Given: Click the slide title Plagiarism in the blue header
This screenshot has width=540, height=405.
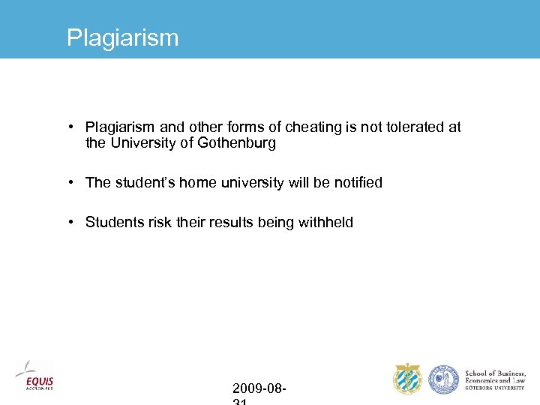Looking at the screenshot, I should point(122,37).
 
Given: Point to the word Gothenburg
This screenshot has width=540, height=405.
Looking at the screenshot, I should point(237,143).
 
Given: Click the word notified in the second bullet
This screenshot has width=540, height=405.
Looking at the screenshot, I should point(358,182).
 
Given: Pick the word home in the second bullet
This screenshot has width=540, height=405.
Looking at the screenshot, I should point(196,182).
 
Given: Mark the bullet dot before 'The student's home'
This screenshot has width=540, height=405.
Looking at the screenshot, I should point(70,182).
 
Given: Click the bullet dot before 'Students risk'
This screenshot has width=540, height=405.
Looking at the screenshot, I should point(70,222).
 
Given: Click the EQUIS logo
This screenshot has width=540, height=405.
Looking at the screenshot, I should point(34,376).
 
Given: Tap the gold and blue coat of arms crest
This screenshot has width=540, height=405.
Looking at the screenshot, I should point(408,379).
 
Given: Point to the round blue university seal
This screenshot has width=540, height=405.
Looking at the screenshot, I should point(443,379).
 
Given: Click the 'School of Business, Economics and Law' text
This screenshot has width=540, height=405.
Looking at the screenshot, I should point(495,379).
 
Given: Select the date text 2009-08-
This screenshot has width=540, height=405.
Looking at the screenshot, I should point(259,388).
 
